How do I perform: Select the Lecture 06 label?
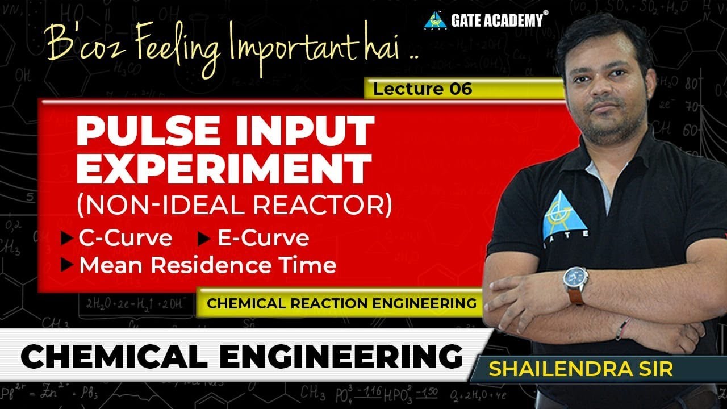pos(423,89)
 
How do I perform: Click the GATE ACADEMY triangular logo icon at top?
pos(435,20)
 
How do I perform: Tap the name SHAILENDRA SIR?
pos(580,368)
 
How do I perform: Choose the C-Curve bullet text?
pos(125,238)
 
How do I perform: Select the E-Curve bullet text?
pos(263,238)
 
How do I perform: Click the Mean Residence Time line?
pos(207,265)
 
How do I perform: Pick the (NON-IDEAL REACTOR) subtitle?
pos(234,205)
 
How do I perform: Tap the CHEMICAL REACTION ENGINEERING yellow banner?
pos(341,303)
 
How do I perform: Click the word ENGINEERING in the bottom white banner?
pos(340,356)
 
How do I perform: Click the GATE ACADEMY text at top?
pos(496,20)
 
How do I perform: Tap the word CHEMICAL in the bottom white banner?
pos(114,356)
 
